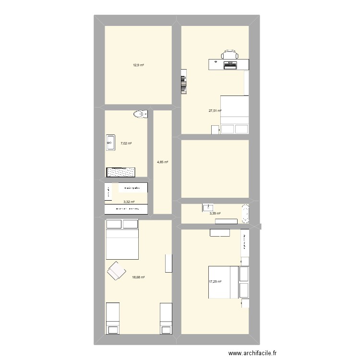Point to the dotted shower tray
click(x=120, y=172)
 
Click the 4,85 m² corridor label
click(x=163, y=162)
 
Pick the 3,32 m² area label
click(x=129, y=202)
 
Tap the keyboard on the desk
click(x=230, y=64)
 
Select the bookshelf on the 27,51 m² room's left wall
click(x=183, y=81)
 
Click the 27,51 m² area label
click(x=215, y=111)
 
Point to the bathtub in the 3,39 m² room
click(x=246, y=214)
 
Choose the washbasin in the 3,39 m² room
click(x=208, y=207)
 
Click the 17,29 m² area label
click(x=215, y=282)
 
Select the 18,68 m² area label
click(x=139, y=277)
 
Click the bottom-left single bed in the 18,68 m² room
click(x=112, y=318)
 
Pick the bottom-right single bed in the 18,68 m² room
click(x=166, y=318)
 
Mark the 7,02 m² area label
click(x=126, y=143)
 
